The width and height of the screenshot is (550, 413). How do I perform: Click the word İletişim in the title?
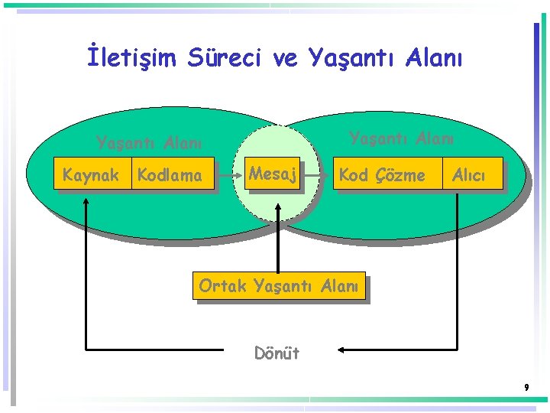[132, 57]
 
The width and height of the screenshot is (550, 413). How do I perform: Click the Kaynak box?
[91, 175]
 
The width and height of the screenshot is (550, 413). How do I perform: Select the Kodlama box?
[170, 175]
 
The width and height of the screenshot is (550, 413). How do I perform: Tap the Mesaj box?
[272, 174]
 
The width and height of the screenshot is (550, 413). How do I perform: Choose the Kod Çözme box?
[382, 175]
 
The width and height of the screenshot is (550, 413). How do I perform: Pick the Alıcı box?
[469, 175]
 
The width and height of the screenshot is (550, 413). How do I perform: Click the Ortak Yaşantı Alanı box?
[278, 286]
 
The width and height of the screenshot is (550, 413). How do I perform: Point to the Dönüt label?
[277, 353]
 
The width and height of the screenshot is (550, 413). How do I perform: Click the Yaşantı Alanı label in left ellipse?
[148, 143]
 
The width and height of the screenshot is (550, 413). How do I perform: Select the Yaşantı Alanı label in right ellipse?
[401, 138]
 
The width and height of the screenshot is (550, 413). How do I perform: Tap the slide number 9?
[526, 388]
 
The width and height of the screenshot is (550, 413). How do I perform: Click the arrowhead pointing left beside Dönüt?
[341, 350]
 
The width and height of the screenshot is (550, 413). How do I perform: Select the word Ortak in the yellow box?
[222, 286]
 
